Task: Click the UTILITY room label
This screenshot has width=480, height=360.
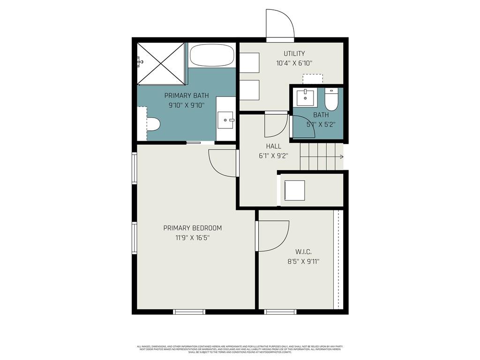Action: pyautogui.click(x=294, y=53)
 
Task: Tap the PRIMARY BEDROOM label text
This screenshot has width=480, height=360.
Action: pyautogui.click(x=192, y=228)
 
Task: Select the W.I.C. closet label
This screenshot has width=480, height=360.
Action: pyautogui.click(x=303, y=252)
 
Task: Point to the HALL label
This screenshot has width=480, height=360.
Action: pyautogui.click(x=273, y=146)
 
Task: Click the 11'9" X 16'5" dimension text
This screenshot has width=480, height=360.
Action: pyautogui.click(x=192, y=238)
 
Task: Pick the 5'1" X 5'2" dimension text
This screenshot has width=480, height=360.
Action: pyautogui.click(x=321, y=124)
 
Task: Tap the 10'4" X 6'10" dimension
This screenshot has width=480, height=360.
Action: pyautogui.click(x=294, y=63)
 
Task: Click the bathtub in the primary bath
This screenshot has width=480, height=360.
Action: pyautogui.click(x=212, y=55)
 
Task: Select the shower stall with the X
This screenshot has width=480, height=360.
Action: pyautogui.click(x=161, y=63)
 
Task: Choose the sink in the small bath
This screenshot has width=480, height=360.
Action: pyautogui.click(x=305, y=97)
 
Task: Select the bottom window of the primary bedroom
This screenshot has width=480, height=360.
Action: pyautogui.click(x=189, y=311)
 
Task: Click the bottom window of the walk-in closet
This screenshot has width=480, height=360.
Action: pyautogui.click(x=280, y=311)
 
